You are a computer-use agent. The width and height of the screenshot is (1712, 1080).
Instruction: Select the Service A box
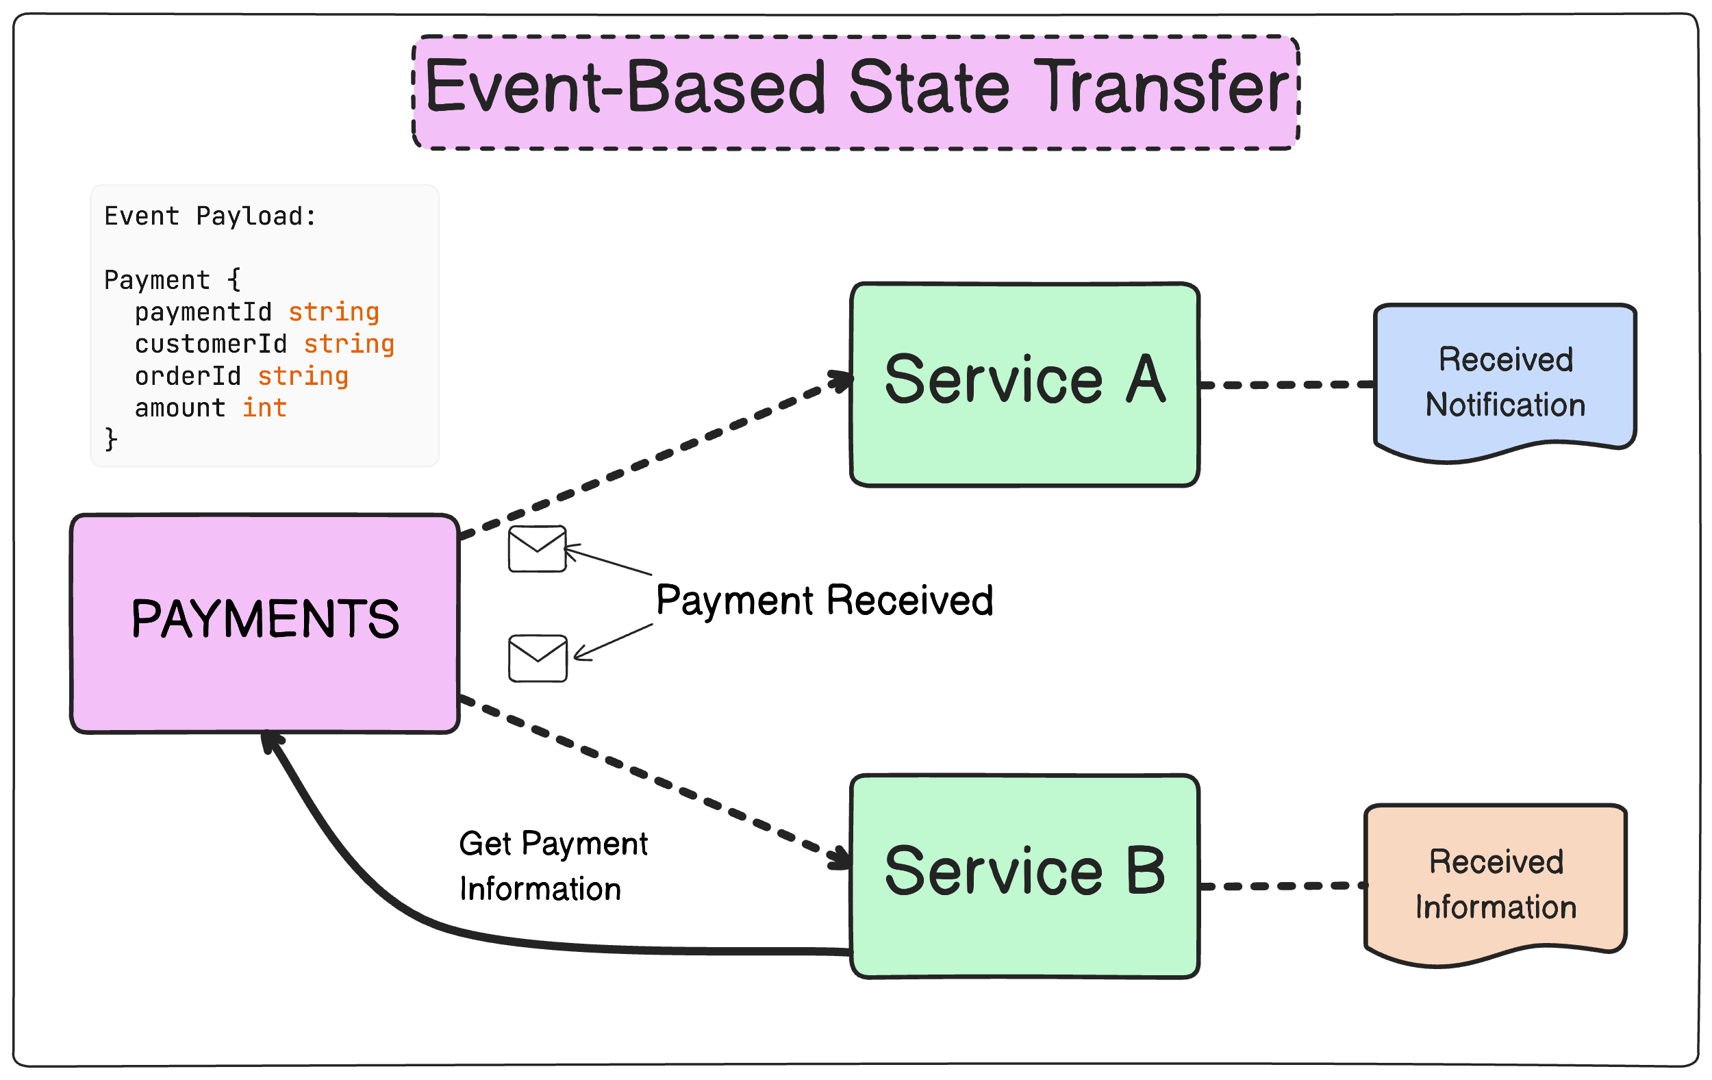click(1024, 385)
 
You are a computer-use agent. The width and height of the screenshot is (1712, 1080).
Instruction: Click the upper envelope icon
click(537, 548)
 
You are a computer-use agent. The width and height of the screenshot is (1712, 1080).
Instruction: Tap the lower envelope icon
click(538, 658)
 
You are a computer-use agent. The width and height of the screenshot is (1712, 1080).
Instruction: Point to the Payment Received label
click(824, 600)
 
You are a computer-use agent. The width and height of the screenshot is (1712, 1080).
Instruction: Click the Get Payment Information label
click(553, 866)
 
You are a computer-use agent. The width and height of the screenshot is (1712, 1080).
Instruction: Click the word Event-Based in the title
click(625, 88)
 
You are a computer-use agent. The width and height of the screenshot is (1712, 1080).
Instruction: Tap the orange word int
click(264, 408)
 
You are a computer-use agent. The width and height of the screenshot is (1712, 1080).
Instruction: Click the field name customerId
click(210, 344)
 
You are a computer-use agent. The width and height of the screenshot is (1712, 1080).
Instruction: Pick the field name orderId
click(188, 376)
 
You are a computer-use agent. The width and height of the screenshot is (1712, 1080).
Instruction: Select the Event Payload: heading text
click(210, 216)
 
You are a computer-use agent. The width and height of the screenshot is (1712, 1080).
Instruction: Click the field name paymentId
click(203, 312)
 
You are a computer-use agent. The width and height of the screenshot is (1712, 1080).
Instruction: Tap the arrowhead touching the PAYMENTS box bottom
click(270, 742)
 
